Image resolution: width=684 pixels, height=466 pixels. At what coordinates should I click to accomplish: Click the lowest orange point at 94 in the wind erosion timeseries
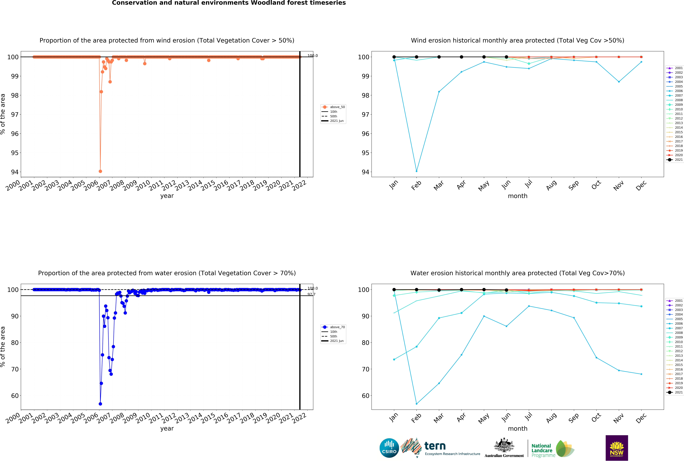pyautogui.click(x=100, y=171)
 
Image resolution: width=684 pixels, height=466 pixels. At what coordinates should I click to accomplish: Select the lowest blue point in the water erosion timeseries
pyautogui.click(x=100, y=404)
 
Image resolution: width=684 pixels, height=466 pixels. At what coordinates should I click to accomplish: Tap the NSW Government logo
pyautogui.click(x=617, y=448)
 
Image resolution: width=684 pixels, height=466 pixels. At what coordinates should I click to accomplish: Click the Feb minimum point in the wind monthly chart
pyautogui.click(x=416, y=171)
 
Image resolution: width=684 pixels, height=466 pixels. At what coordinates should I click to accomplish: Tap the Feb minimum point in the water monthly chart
pyautogui.click(x=416, y=404)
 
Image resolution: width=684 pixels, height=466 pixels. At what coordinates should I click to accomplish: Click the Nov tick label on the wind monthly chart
pyautogui.click(x=618, y=185)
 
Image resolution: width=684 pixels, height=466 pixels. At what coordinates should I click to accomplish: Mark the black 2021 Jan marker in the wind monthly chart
pyautogui.click(x=394, y=57)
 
